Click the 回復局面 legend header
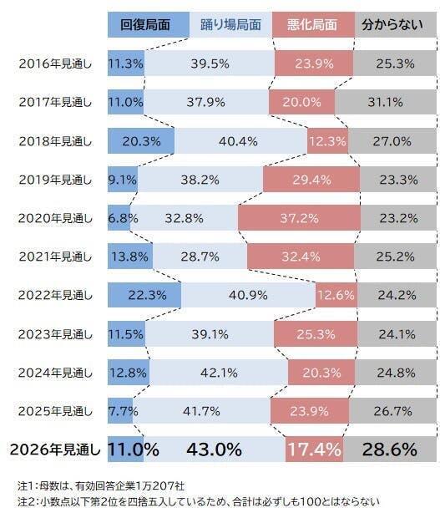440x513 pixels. coord(149,24)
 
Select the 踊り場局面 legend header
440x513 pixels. coord(230,24)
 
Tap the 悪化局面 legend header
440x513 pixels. coord(313,24)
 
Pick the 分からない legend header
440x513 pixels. coord(396,24)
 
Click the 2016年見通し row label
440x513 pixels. coord(55,63)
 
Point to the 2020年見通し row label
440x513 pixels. coord(55,218)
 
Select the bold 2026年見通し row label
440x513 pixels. coord(55,450)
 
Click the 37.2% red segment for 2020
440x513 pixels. coord(299,218)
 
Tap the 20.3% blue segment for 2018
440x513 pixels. coord(141,141)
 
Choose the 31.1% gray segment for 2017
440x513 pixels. coord(386,102)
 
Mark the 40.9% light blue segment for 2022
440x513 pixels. coord(248,295)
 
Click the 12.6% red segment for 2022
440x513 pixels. coord(336,295)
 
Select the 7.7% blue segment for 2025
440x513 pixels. coord(120,411)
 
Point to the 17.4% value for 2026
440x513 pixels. coord(315,450)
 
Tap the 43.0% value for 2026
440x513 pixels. coord(214,450)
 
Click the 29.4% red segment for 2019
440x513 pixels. coord(311,180)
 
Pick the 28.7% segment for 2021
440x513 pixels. coord(200,256)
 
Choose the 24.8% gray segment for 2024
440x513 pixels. coord(396,373)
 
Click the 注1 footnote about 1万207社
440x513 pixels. coord(101,485)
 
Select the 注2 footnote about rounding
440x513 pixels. coord(199,501)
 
